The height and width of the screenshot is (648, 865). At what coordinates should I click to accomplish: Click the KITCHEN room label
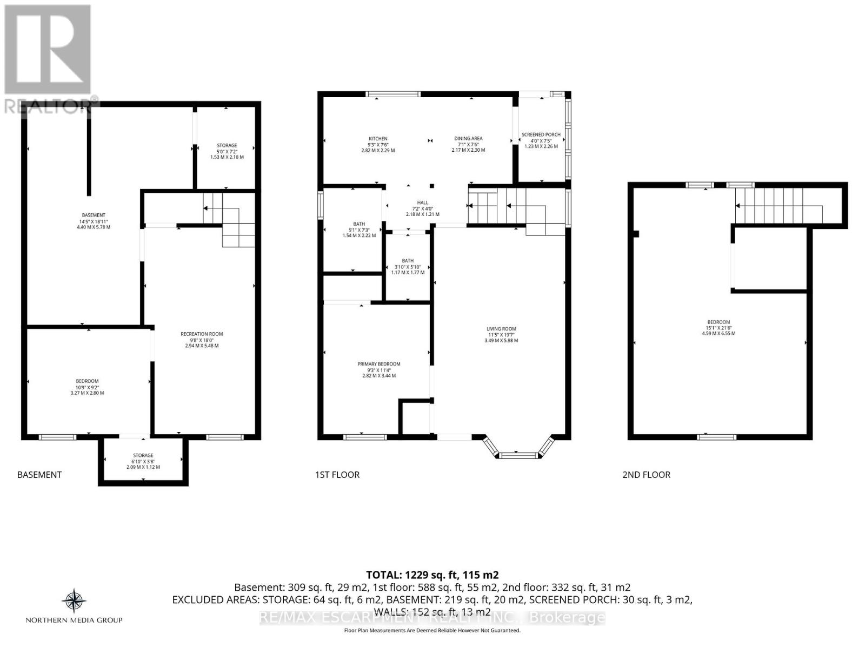pyautogui.click(x=378, y=139)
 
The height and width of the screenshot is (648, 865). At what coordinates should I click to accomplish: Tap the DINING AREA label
pyautogui.click(x=468, y=139)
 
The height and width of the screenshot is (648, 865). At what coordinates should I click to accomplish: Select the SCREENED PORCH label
pyautogui.click(x=541, y=134)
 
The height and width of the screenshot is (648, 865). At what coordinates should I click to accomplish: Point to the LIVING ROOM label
pyautogui.click(x=501, y=328)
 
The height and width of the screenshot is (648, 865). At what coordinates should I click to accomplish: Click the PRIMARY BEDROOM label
pyautogui.click(x=378, y=364)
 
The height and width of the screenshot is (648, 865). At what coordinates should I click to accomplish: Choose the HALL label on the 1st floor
pyautogui.click(x=422, y=202)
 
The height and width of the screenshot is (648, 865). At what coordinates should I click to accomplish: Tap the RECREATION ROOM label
pyautogui.click(x=202, y=334)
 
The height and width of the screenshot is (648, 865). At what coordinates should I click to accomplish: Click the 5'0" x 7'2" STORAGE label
pyautogui.click(x=227, y=145)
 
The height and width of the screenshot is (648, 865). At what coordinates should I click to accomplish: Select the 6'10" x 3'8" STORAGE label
pyautogui.click(x=143, y=455)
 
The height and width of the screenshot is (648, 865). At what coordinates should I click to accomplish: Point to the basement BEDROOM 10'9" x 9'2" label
pyautogui.click(x=87, y=381)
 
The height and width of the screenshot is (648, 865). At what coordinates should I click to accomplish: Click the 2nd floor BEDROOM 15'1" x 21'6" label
pyautogui.click(x=718, y=322)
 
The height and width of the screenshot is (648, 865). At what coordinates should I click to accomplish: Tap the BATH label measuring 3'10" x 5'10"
pyautogui.click(x=408, y=261)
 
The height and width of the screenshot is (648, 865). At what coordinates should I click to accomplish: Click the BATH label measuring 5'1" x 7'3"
pyautogui.click(x=359, y=224)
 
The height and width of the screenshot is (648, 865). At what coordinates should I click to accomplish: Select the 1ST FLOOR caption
pyautogui.click(x=337, y=475)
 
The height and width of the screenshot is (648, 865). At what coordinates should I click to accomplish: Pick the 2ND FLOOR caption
pyautogui.click(x=646, y=475)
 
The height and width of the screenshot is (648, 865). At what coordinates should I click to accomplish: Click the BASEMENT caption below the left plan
pyautogui.click(x=39, y=475)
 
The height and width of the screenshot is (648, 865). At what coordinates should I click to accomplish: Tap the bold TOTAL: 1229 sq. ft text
pyautogui.click(x=432, y=575)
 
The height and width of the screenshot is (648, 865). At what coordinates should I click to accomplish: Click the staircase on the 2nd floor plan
pyautogui.click(x=778, y=206)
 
